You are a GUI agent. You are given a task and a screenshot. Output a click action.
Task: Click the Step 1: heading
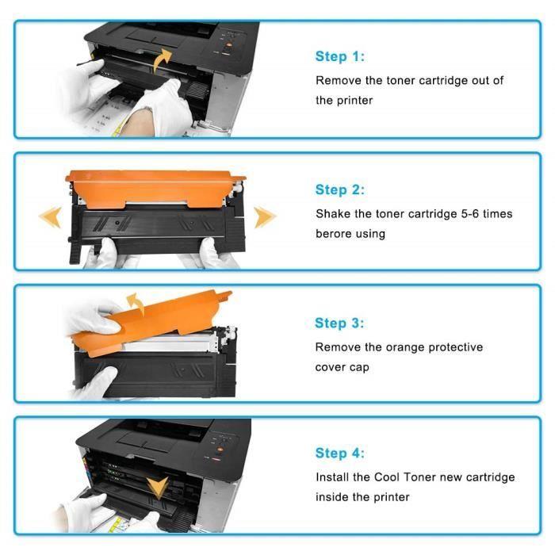click(x=340, y=57)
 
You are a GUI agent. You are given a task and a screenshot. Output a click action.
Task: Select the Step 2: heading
click(x=340, y=189)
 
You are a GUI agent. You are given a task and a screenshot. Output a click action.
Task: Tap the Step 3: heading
click(x=340, y=323)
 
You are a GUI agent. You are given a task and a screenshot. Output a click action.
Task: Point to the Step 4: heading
click(x=340, y=454)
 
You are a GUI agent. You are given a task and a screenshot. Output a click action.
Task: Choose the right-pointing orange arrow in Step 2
click(x=264, y=216)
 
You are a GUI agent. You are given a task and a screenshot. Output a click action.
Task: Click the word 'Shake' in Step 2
click(x=333, y=214)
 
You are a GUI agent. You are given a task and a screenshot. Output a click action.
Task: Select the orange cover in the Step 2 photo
click(x=155, y=185)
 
